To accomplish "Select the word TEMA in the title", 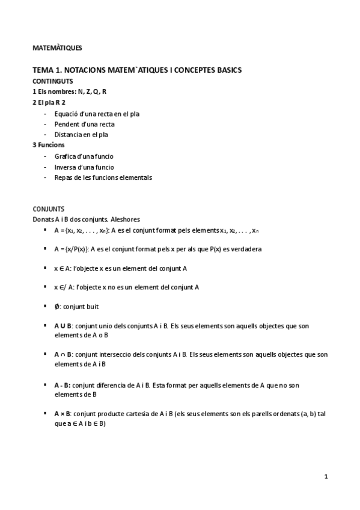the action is [x=43, y=70].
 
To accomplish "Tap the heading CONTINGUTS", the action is [x=52, y=81].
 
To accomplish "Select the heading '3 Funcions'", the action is [x=49, y=145].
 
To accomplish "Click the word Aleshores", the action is [x=126, y=220].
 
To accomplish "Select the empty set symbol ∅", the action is [x=56, y=306].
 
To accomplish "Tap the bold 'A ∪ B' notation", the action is [x=63, y=326].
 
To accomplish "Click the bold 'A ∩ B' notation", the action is [x=63, y=354].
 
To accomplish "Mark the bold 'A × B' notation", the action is [x=63, y=414].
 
